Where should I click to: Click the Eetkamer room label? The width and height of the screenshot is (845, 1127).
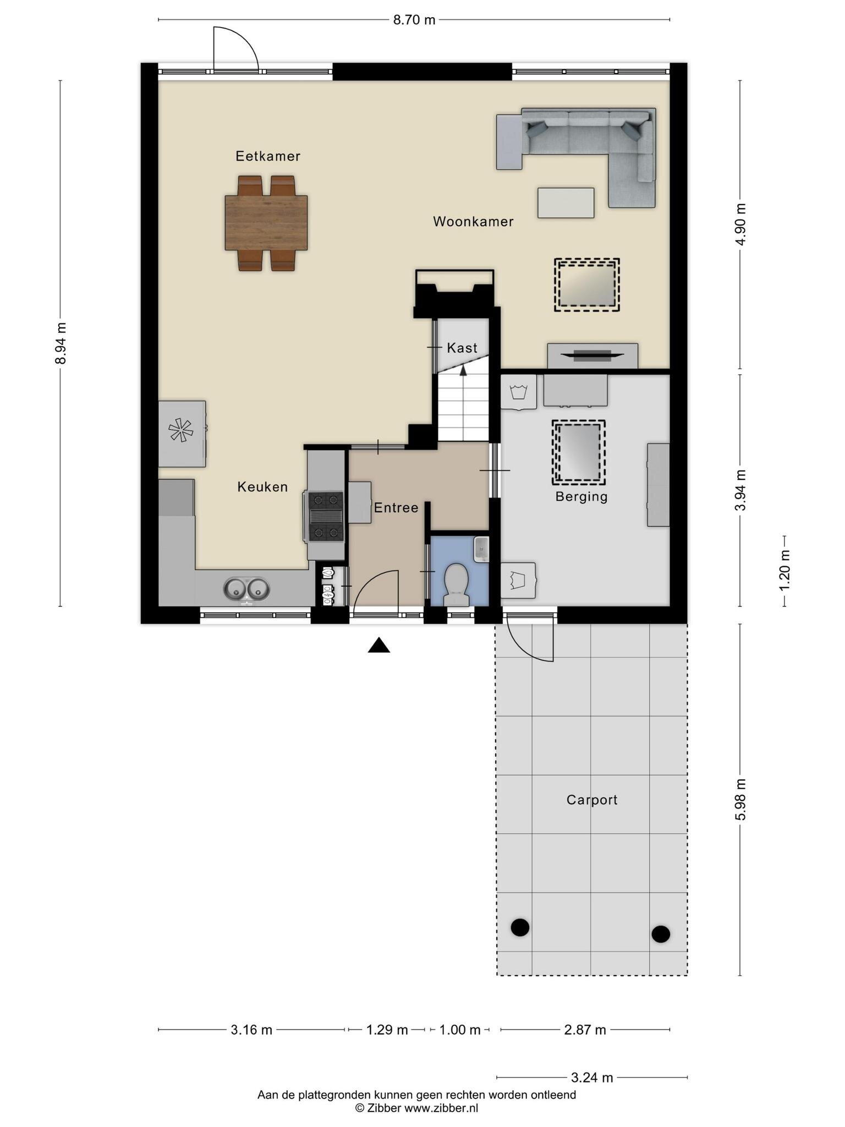point(268,156)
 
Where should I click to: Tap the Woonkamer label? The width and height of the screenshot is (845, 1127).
point(473,222)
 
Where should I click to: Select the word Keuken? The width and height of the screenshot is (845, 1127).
point(262,487)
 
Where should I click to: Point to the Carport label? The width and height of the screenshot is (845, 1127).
point(592,800)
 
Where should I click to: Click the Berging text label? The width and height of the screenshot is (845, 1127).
point(581,497)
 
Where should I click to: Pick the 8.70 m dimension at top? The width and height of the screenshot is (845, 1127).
point(414,20)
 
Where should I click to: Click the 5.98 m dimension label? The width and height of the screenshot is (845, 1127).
point(741,799)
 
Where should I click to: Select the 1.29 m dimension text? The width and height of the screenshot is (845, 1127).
point(387,1030)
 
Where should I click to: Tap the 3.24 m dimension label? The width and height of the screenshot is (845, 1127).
point(592,1077)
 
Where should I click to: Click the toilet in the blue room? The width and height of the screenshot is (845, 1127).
point(456,584)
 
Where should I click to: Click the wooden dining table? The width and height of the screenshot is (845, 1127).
point(266,223)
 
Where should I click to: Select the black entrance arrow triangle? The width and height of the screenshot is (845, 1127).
point(379,645)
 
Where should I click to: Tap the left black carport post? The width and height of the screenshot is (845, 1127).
point(520,927)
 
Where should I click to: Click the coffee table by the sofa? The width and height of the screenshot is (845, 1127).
point(566,203)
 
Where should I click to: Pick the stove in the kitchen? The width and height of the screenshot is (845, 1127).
point(326,517)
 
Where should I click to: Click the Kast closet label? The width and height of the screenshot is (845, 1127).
point(462,348)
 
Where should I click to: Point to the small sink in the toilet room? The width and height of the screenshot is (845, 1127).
point(481,549)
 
